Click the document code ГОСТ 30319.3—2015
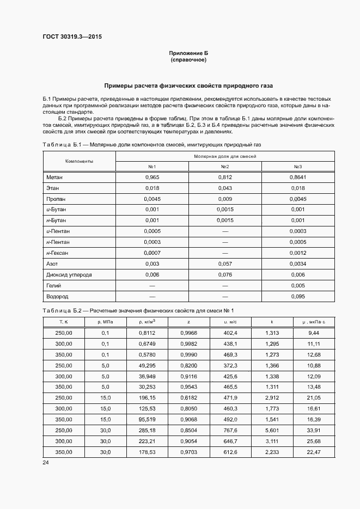point(72,37)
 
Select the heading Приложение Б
point(188,53)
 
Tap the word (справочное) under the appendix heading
point(188,59)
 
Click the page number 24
point(46,463)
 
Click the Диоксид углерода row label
point(69,275)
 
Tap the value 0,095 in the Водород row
point(298,297)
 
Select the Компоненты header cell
point(79,162)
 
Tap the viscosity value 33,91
point(313,431)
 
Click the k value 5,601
point(272,431)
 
